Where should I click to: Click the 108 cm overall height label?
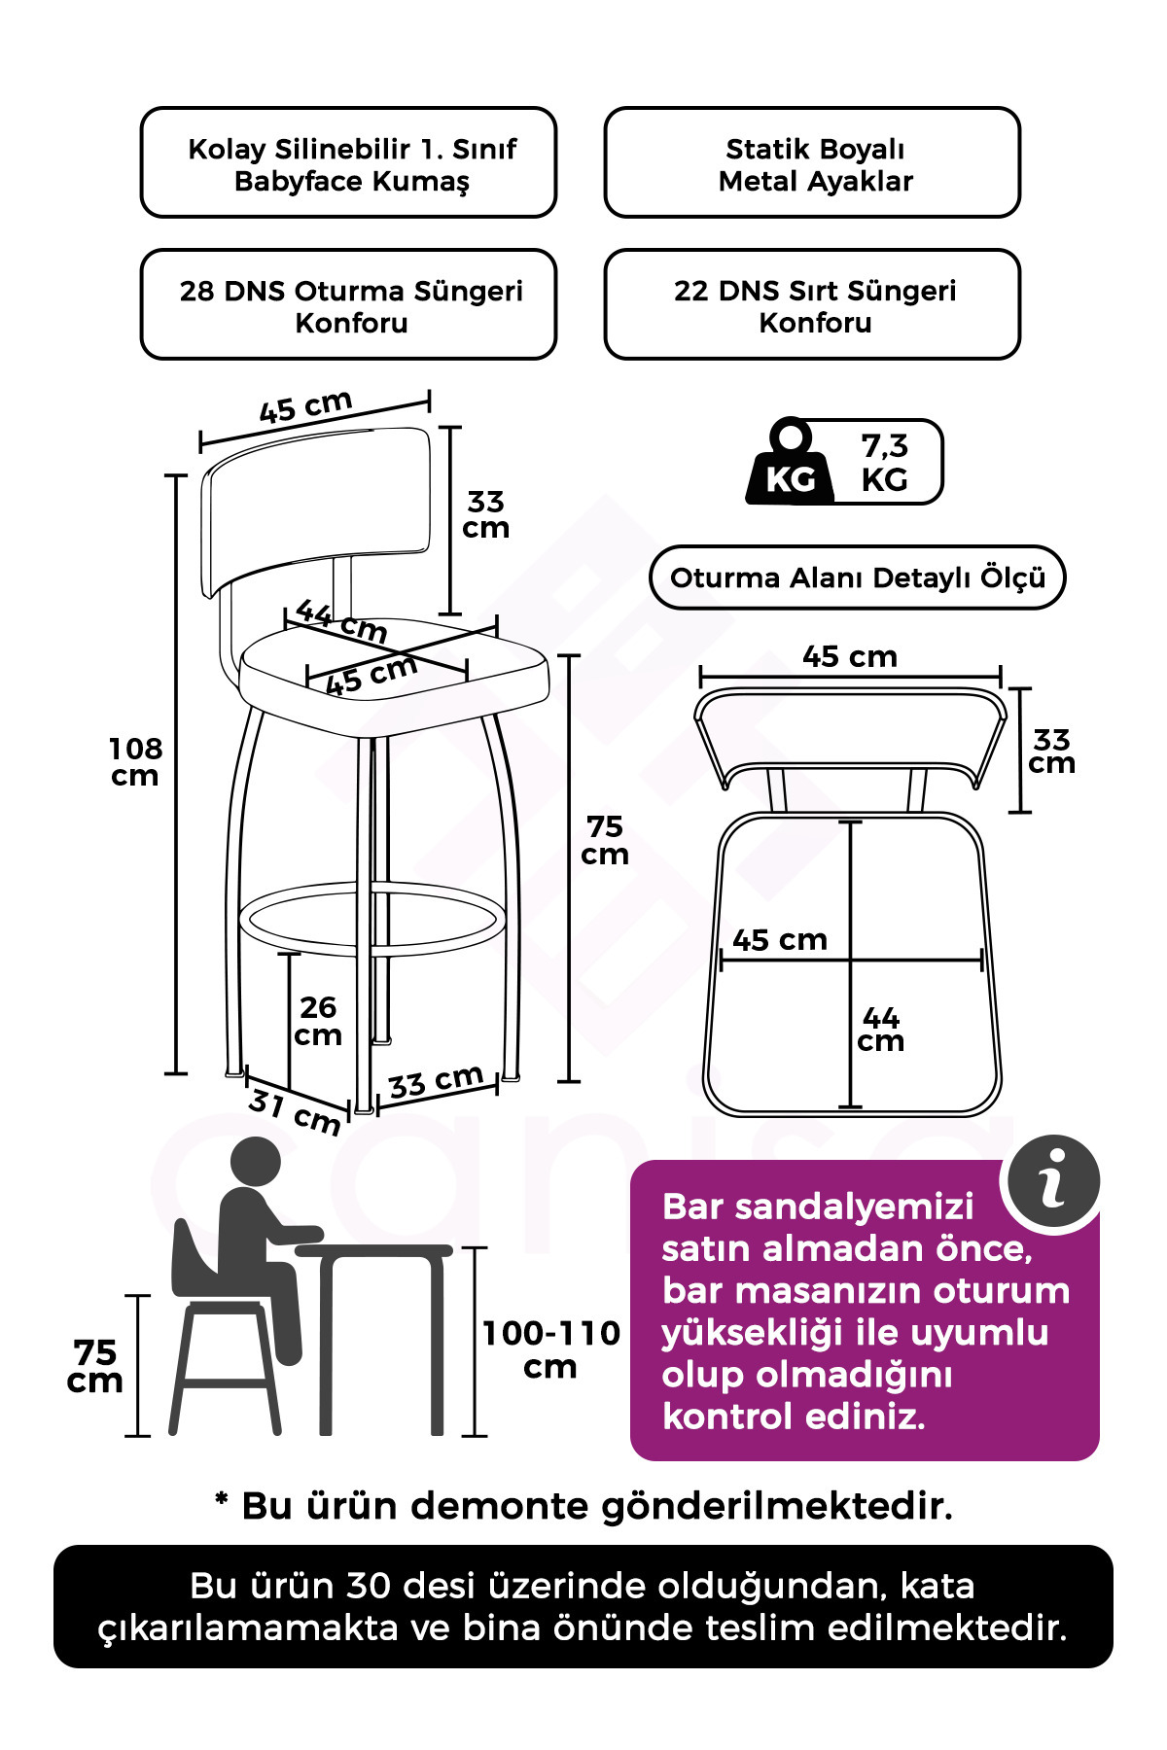click(x=135, y=762)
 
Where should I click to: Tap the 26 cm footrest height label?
click(x=318, y=1021)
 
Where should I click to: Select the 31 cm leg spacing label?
click(x=294, y=1112)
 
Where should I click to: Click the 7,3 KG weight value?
click(x=885, y=463)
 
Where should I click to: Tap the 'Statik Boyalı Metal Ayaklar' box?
click(x=813, y=162)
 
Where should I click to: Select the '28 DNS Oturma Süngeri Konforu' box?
click(x=349, y=304)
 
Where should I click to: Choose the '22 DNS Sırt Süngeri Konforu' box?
click(x=813, y=304)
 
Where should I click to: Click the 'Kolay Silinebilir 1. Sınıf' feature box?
click(x=349, y=162)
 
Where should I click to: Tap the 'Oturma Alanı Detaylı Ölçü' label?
click(x=858, y=577)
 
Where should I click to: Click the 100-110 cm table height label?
click(x=551, y=1349)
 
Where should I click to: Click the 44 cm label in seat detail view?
click(x=881, y=1030)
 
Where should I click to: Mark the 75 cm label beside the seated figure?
click(x=95, y=1366)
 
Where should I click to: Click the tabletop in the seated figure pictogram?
click(x=373, y=1250)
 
